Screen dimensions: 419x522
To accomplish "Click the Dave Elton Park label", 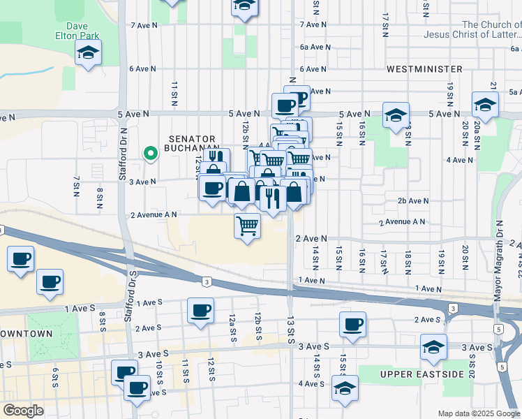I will [77, 31].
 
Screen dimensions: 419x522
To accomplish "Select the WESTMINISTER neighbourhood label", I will [424, 69].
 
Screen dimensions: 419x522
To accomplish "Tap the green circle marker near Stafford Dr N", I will [149, 154].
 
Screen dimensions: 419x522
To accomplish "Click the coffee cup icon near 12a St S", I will [200, 309].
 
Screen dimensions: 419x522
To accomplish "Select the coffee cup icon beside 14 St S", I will [352, 323].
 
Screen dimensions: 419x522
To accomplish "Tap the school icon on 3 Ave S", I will [433, 346].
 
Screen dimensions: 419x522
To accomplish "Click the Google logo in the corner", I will [23, 411].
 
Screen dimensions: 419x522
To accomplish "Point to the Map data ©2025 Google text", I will [478, 413].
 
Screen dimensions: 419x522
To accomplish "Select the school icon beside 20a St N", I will [485, 104].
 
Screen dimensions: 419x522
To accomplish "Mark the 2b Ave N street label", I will [412, 200].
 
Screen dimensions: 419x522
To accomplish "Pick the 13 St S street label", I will [290, 329].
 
